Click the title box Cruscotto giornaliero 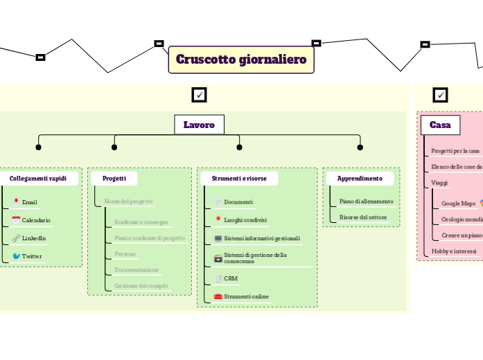(x=241, y=60)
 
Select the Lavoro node (x=199, y=125)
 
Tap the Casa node (x=440, y=125)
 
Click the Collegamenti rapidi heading (x=38, y=179)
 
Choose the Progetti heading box (x=114, y=179)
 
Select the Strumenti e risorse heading (x=239, y=179)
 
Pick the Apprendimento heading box (x=360, y=179)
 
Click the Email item (x=29, y=202)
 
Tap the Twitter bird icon (x=16, y=256)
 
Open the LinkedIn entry (x=33, y=238)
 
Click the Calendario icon (x=16, y=220)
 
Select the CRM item (x=231, y=278)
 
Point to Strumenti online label (x=246, y=296)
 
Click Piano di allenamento (x=366, y=201)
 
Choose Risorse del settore (x=363, y=217)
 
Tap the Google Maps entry (x=458, y=204)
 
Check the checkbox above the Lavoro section (x=199, y=95)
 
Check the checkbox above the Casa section (x=440, y=95)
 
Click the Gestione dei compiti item (x=141, y=285)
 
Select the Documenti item (x=238, y=202)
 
